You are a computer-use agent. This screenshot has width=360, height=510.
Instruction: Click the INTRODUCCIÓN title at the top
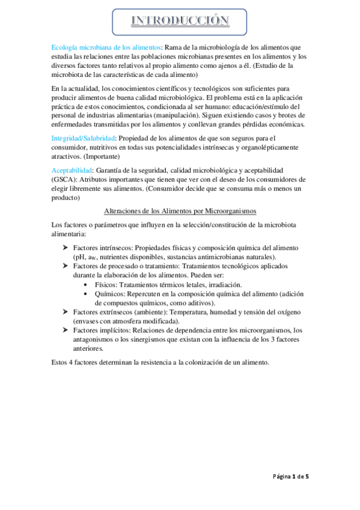click(180, 22)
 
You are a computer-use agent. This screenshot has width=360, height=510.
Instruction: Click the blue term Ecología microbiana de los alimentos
click(106, 48)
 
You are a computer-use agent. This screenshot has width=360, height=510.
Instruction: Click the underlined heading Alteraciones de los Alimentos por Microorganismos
click(180, 211)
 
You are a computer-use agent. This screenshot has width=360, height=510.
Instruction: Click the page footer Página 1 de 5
click(289, 477)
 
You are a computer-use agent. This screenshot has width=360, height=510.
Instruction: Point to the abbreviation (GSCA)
click(67, 179)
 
